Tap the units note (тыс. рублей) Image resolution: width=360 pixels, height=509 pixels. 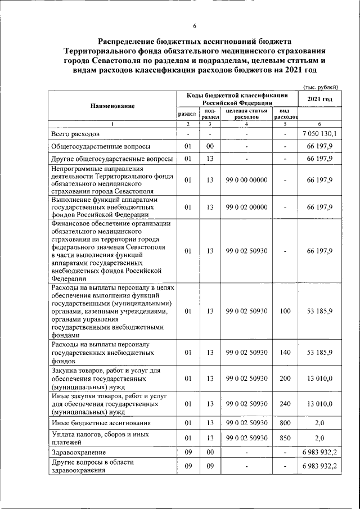click(x=320, y=87)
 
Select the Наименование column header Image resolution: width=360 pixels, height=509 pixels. click(x=112, y=106)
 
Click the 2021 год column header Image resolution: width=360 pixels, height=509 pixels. click(x=319, y=100)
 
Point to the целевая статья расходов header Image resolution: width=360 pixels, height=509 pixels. click(x=246, y=114)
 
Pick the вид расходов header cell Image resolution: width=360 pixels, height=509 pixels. click(x=285, y=114)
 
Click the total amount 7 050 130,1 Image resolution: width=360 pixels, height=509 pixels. click(x=319, y=134)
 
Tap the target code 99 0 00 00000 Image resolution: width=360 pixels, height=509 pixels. click(x=246, y=180)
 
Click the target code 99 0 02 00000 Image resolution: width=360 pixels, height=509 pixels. click(x=246, y=207)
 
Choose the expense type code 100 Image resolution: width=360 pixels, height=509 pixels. click(x=285, y=310)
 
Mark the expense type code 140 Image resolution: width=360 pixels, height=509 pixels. click(x=285, y=353)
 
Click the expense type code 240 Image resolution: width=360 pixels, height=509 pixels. click(x=285, y=404)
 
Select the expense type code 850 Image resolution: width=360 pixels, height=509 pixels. click(x=285, y=438)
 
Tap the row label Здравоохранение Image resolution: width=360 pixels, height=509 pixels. click(x=78, y=452)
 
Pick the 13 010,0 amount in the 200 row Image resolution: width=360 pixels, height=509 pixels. click(x=319, y=379)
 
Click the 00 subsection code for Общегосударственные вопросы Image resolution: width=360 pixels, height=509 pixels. click(x=209, y=146)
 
